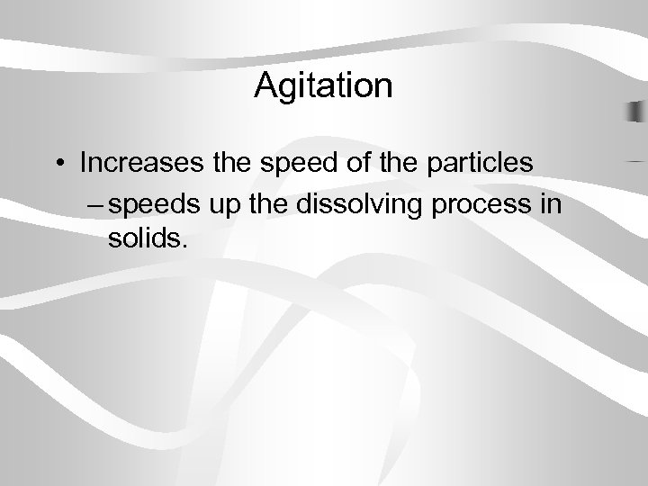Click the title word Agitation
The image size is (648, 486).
323,87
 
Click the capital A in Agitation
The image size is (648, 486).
266,86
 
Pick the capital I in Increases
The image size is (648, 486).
83,165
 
